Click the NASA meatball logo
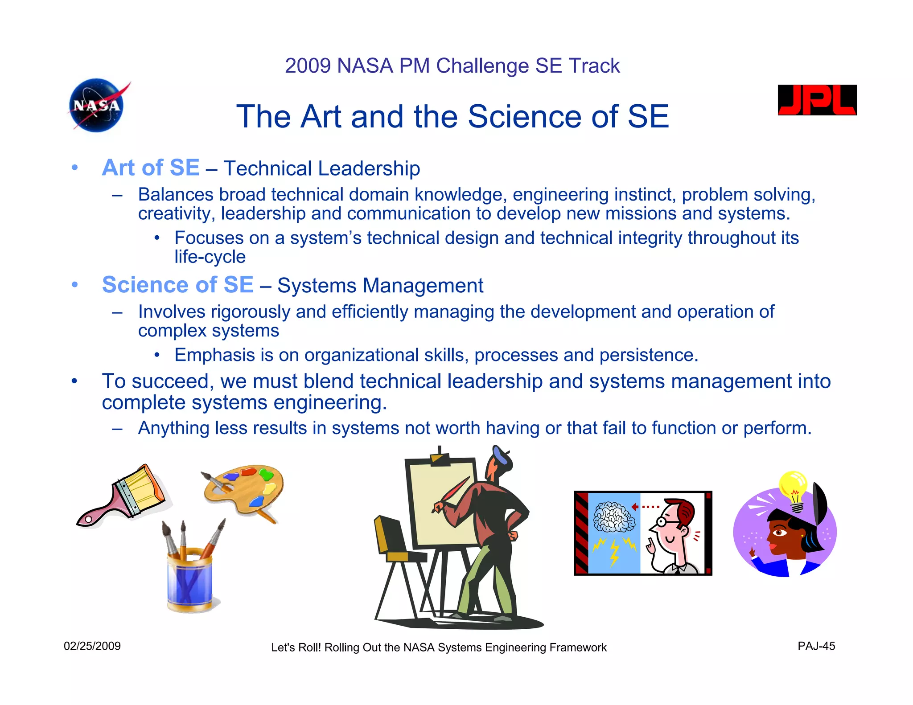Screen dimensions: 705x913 pos(97,105)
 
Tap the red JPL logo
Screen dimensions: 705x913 pos(817,100)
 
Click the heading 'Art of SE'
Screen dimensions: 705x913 pos(151,168)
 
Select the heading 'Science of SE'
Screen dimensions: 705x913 pos(177,285)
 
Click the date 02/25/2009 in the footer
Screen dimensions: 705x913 pos(92,646)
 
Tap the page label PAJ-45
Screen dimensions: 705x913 pos(816,646)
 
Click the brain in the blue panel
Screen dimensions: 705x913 pos(614,517)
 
